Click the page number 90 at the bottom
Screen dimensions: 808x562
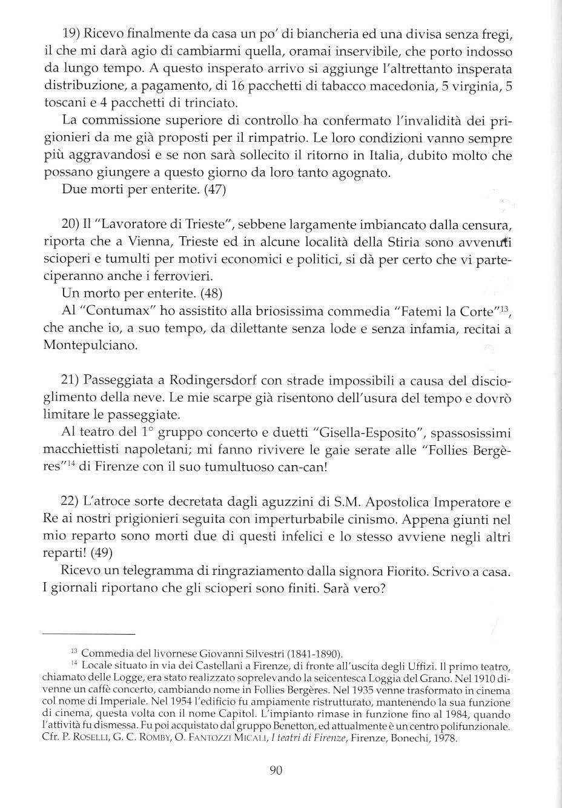point(275,770)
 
